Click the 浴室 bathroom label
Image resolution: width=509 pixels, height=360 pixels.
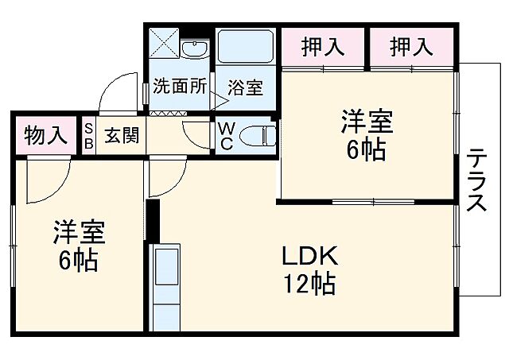(x=245, y=87)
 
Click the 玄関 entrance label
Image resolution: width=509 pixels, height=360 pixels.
(x=122, y=136)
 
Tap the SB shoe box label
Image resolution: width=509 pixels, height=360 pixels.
(x=88, y=136)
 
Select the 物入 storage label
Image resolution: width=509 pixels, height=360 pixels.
(x=45, y=136)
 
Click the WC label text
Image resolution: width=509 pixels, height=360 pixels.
(x=225, y=136)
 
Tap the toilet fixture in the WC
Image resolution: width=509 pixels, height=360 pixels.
(x=256, y=136)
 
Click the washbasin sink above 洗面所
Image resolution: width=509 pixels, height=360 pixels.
(x=193, y=50)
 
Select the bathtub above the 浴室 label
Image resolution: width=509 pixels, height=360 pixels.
(x=245, y=49)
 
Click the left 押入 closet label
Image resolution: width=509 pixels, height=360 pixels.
(x=323, y=47)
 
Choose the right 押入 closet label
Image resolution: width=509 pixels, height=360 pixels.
(x=411, y=47)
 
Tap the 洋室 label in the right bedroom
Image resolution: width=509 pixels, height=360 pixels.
(x=367, y=123)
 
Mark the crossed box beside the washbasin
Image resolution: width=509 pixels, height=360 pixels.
(x=164, y=48)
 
